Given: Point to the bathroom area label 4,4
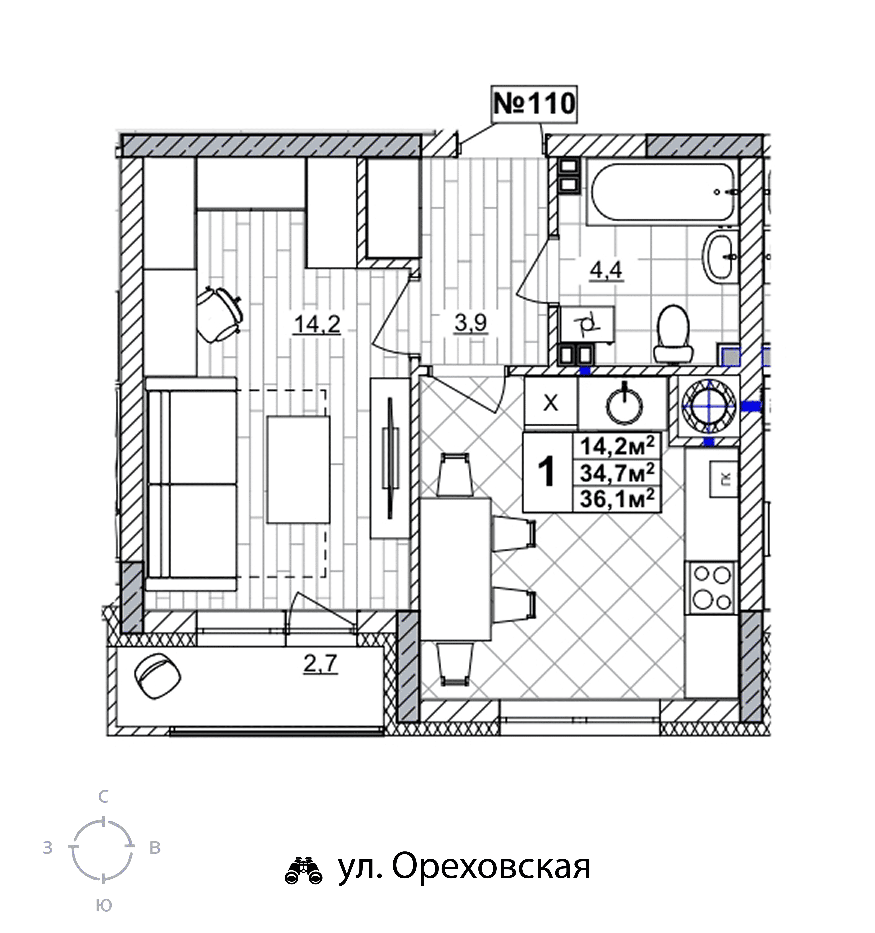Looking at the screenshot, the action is [606, 271].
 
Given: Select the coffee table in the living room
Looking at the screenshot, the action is [298, 469].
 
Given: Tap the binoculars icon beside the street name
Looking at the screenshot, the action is [303, 871].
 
